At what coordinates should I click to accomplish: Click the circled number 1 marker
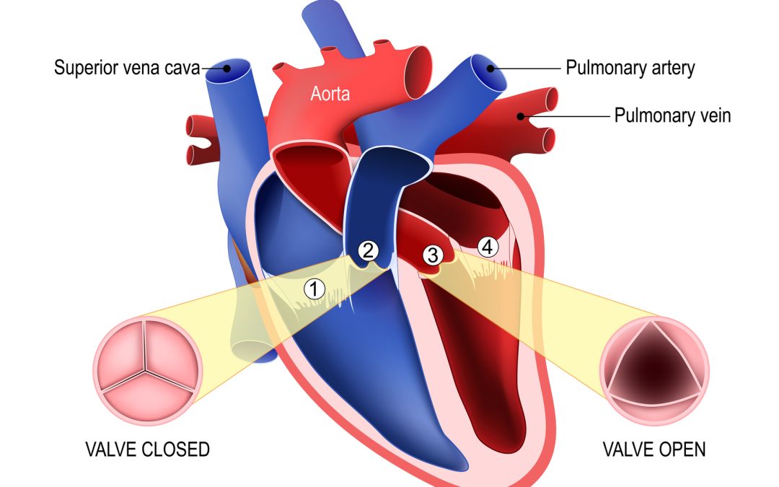(x=314, y=289)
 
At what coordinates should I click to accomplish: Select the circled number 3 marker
(x=433, y=255)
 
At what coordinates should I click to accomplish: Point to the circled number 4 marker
(x=488, y=247)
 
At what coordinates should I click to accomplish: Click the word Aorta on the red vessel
(x=330, y=93)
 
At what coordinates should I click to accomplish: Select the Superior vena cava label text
(x=127, y=68)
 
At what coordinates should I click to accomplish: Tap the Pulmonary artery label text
(x=630, y=68)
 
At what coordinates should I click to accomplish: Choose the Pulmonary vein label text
(x=673, y=115)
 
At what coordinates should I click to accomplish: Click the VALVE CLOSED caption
(x=148, y=449)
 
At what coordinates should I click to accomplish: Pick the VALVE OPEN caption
(x=654, y=449)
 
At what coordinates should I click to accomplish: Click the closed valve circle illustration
(x=148, y=370)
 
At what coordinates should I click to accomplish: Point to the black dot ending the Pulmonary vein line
(x=520, y=116)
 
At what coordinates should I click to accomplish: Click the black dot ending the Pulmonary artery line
(x=490, y=69)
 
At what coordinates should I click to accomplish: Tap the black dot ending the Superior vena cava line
(x=226, y=68)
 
